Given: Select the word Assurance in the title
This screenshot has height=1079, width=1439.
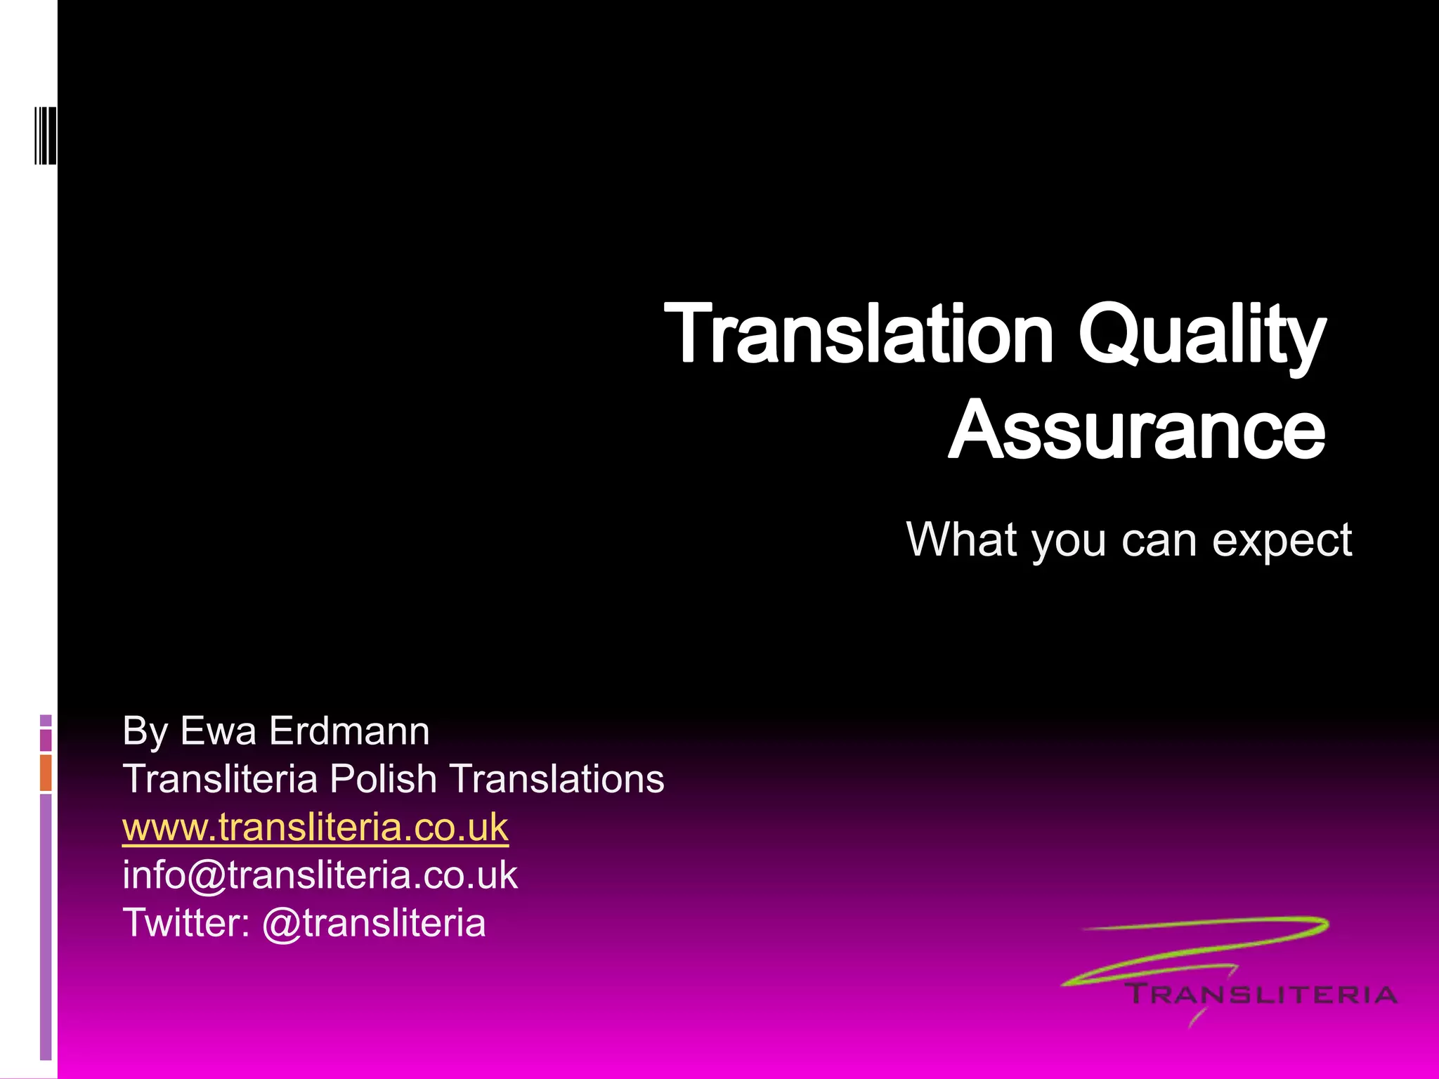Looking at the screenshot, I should point(1137,430).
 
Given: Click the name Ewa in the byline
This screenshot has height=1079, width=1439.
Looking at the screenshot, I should point(218,731).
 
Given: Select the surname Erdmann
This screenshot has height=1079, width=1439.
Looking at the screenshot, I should point(349,731).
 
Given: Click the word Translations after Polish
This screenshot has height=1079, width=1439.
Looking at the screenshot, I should point(556,779).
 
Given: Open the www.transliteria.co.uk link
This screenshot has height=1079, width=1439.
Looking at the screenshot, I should point(315,828).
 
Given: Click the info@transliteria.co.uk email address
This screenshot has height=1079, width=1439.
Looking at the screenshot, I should point(320,875).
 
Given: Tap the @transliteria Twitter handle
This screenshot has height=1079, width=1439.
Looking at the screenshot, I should point(374,923).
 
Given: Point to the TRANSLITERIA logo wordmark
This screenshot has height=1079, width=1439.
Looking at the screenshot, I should point(1261,995).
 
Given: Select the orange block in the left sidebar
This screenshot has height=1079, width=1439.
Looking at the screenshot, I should point(46,773).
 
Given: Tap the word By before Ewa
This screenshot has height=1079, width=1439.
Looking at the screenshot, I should point(145,732).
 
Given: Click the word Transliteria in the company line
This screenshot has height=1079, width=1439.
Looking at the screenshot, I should point(220,779).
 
